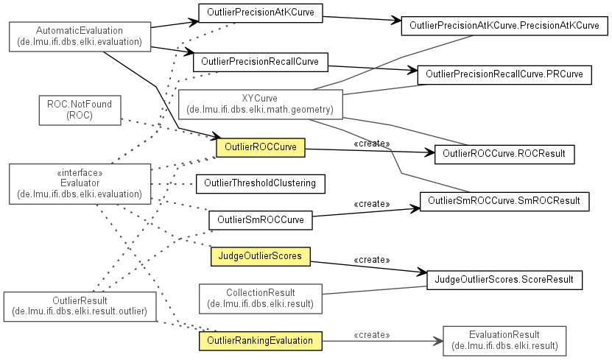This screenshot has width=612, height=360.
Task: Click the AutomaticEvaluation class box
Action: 80,36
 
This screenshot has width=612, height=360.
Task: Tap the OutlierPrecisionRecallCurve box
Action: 260,62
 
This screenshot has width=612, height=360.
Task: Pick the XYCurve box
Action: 260,104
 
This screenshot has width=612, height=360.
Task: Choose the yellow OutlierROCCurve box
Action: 260,147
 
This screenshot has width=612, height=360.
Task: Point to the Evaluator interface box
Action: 80,183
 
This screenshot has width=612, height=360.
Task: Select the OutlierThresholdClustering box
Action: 260,183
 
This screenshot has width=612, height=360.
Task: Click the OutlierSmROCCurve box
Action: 260,219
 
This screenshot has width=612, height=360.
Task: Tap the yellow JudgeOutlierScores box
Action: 260,255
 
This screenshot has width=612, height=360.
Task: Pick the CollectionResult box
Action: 261,297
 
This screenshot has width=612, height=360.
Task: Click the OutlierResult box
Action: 80,306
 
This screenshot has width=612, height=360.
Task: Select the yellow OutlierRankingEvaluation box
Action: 260,340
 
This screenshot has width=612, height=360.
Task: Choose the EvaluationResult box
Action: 504,339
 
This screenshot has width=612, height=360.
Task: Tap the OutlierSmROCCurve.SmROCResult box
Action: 504,200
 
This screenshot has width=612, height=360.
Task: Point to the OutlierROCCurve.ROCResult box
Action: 504,154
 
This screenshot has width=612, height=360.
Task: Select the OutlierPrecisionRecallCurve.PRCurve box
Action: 504,74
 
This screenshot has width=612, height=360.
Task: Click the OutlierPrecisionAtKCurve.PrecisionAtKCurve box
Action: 504,26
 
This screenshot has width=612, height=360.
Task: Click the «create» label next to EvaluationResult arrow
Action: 372,335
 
